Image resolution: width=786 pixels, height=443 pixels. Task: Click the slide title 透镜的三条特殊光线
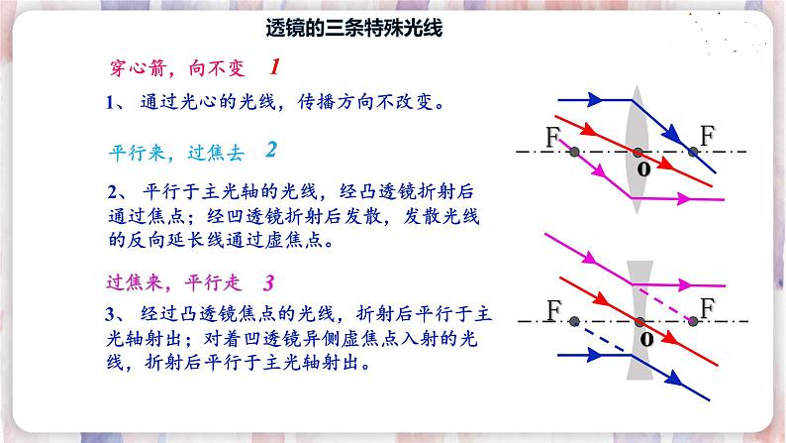354,29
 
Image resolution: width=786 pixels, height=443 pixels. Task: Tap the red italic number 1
274,66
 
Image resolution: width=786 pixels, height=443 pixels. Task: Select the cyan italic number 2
271,150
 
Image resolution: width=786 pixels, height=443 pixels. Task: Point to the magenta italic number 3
268,283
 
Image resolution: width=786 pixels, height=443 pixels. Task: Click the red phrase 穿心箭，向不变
177,68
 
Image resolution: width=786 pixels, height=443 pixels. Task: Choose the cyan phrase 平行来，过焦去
176,153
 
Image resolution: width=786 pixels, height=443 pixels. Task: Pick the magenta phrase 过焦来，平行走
174,283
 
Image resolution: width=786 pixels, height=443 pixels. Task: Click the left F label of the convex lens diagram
552,137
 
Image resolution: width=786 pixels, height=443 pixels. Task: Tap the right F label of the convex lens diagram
707,136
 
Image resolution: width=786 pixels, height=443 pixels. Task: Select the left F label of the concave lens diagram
553,310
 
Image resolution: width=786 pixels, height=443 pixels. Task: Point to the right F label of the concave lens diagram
707,308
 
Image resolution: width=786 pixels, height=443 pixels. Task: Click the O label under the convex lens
644,169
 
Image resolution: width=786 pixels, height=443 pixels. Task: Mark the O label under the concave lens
646,340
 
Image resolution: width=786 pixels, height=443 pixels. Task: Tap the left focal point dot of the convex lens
574,152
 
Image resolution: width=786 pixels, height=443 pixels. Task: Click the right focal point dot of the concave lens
693,321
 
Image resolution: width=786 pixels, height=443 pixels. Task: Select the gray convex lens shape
638,150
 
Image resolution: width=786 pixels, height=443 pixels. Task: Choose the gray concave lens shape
639,320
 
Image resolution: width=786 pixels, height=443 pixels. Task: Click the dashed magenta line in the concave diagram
661,303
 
